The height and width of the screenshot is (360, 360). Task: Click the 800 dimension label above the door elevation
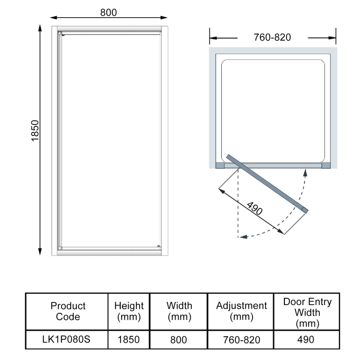[x=108, y=12]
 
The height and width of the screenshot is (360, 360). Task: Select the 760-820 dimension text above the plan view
[x=272, y=37]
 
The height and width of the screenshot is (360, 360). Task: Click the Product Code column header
[x=68, y=311]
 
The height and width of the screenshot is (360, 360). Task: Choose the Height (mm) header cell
[x=129, y=311]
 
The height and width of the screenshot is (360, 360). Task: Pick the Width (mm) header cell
[x=179, y=311]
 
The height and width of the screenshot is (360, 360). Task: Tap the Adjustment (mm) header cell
[x=242, y=311]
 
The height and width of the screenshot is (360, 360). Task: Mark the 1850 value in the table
[x=129, y=339]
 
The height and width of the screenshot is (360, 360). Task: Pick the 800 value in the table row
[x=179, y=339]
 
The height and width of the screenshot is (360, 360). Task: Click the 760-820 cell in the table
[x=242, y=339]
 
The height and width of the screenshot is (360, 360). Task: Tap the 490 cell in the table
[x=307, y=339]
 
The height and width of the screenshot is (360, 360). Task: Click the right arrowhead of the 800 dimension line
[x=164, y=18]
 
